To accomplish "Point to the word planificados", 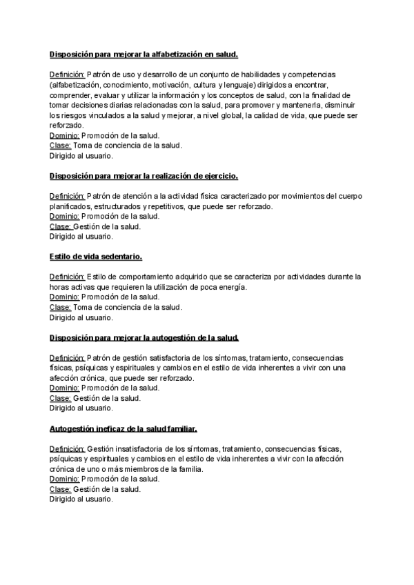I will [74, 206].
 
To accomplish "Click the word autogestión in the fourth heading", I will [174, 337].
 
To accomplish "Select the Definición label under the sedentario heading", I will [67, 277].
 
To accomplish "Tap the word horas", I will [59, 287].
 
